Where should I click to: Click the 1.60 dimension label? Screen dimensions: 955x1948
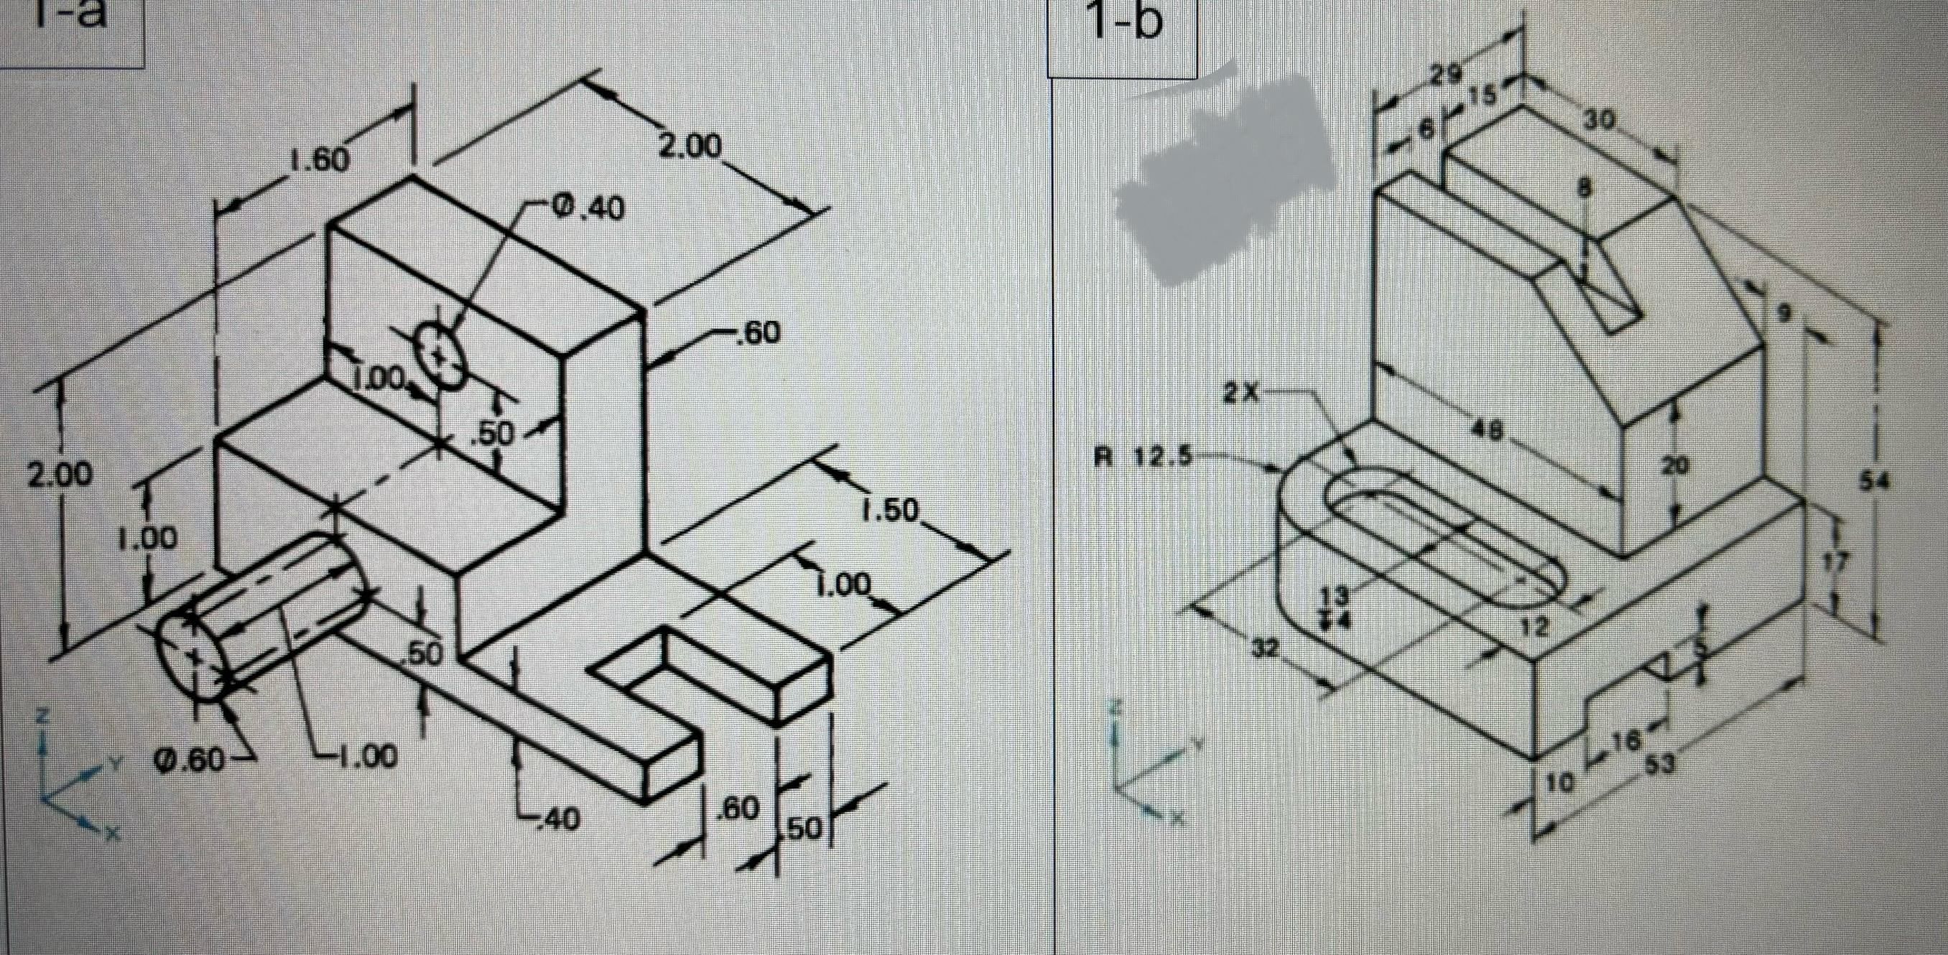tap(318, 159)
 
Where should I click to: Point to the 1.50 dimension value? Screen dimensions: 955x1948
tap(889, 511)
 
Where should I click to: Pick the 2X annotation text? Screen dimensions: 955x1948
tap(1240, 393)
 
